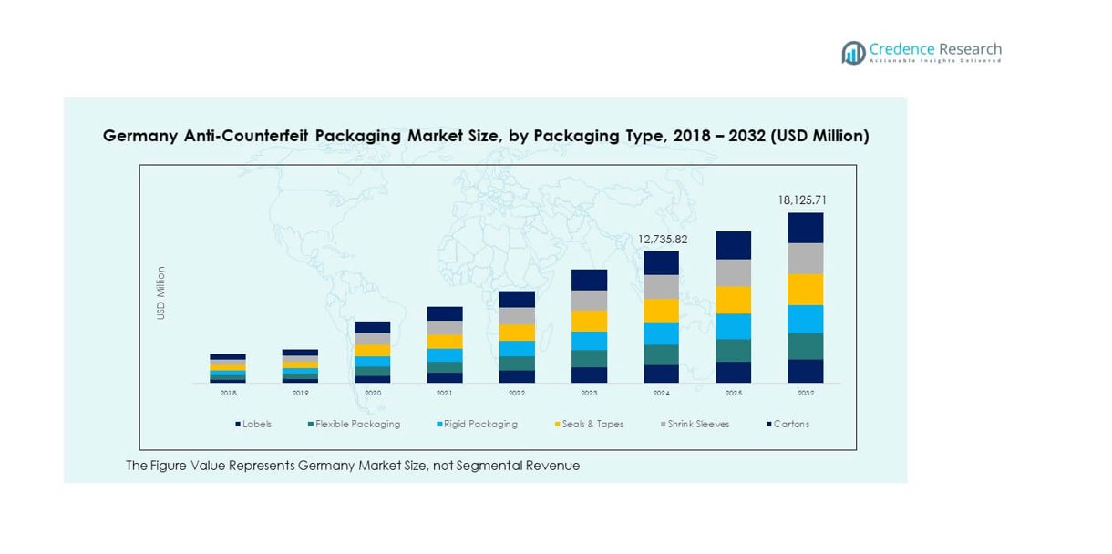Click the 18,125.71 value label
pos(802,200)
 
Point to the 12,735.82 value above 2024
pos(662,239)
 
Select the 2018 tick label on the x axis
pos(228,393)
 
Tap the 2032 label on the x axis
pos(806,393)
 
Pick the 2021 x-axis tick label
pos(445,393)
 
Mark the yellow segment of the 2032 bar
pos(806,290)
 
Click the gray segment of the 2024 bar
pos(662,287)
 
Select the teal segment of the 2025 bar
pos(734,351)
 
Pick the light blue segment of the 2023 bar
pos(589,341)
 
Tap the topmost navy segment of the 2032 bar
pos(806,228)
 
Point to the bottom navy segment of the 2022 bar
pos(517,376)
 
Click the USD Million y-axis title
pos(161,292)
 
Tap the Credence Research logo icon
pos(854,53)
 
